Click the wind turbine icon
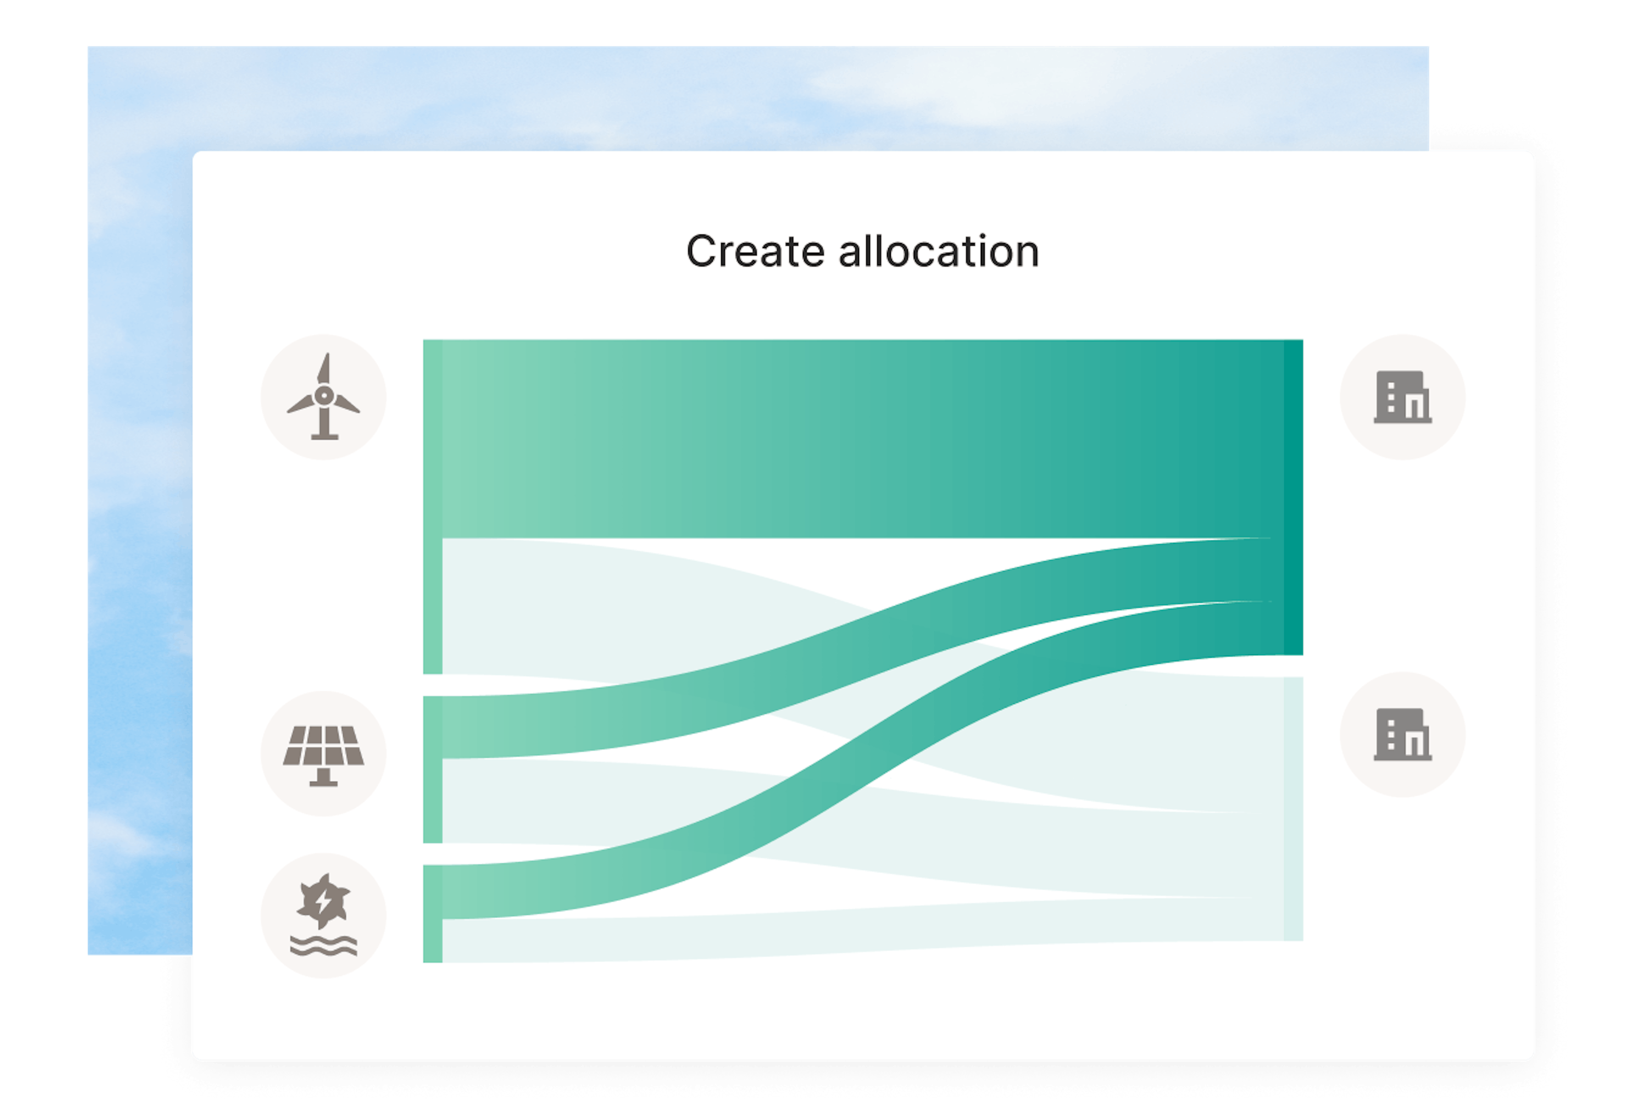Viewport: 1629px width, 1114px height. coord(324,396)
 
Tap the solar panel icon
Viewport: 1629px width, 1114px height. coord(324,755)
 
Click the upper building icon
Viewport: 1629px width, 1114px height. coord(1402,397)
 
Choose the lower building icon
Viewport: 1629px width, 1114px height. coord(1402,734)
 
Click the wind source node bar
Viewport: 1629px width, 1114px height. coord(432,507)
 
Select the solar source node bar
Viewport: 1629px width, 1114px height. coord(432,769)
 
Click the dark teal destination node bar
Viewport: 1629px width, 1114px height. coord(1293,497)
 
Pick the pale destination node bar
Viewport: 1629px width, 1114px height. coord(1293,809)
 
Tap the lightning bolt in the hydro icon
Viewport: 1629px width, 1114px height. coord(324,902)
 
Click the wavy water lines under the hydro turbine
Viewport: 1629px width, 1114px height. coord(324,946)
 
